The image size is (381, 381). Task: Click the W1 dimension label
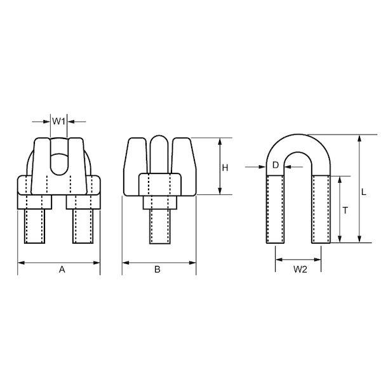58,121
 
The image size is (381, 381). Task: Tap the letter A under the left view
62,269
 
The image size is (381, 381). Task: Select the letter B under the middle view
157,269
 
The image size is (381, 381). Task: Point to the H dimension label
225,168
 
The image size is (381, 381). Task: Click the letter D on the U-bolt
276,165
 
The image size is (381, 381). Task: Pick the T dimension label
345,210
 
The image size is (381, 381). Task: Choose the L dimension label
363,192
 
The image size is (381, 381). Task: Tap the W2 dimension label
300,269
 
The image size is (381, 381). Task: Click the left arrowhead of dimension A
22,263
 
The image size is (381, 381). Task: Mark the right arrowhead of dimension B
192,263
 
